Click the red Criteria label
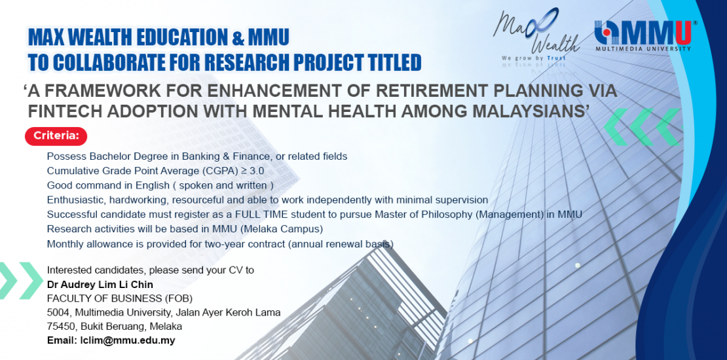click(56, 137)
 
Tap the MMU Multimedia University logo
click(644, 35)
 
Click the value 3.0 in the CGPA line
click(256, 170)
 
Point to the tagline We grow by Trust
click(533, 58)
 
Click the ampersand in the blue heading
click(238, 37)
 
